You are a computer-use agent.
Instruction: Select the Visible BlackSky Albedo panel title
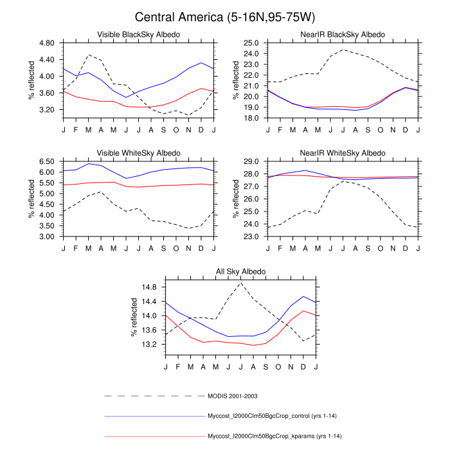[x=138, y=34]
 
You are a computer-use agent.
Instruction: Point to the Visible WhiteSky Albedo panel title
[x=138, y=153]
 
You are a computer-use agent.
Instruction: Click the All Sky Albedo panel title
[x=240, y=273]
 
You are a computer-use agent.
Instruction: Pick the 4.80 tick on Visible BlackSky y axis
[x=47, y=43]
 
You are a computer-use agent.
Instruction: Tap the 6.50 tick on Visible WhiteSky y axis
[x=47, y=162]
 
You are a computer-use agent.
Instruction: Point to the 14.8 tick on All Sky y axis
[x=149, y=287]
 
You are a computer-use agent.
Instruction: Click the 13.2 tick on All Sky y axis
[x=149, y=345]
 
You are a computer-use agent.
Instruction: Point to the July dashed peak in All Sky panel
[x=241, y=283]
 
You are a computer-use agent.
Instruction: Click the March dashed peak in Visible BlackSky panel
[x=88, y=55]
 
